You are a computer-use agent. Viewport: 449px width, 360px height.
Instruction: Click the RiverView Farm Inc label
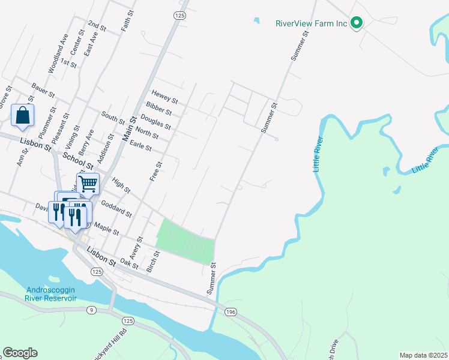[312, 24]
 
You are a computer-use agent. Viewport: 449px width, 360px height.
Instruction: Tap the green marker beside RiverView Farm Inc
[357, 24]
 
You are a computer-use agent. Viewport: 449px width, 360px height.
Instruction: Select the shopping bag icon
[22, 115]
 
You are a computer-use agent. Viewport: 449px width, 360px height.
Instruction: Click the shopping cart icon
[88, 183]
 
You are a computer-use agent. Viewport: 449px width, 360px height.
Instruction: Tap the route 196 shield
[231, 312]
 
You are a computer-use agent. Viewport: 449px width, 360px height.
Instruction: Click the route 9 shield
[91, 310]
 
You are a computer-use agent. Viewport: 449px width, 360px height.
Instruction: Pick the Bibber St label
[158, 108]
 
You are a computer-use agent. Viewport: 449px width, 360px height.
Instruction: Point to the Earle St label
[140, 145]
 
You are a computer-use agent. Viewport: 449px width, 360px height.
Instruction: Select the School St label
[79, 160]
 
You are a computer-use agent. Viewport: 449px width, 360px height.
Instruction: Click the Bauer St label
[43, 91]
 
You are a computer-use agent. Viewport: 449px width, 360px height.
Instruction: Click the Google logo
[20, 353]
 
